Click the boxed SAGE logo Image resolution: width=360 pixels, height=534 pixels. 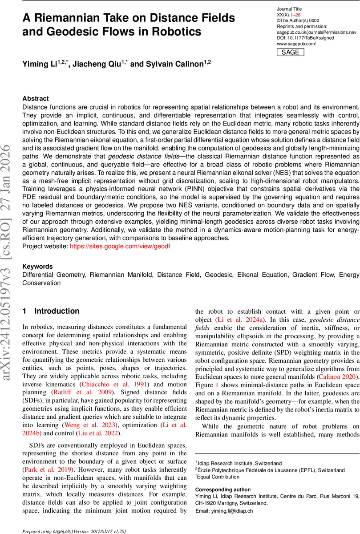tap(291, 52)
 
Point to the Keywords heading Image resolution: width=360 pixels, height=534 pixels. tap(37, 267)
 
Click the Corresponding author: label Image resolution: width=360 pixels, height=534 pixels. tap(223, 489)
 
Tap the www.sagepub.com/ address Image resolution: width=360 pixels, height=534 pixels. tap(296, 44)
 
